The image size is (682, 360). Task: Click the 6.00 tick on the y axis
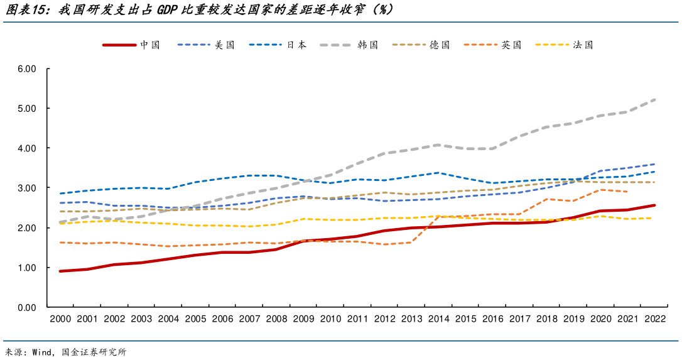27,68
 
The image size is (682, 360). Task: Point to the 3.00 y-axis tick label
27,188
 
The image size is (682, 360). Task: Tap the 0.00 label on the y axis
27,307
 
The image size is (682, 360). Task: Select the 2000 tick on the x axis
60,319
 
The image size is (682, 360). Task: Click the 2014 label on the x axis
438,319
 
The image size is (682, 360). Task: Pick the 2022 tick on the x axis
654,319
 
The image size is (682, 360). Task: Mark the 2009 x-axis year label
303,319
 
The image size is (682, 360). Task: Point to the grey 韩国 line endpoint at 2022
655,99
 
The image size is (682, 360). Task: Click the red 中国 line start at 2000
60,271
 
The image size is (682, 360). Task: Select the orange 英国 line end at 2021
627,192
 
